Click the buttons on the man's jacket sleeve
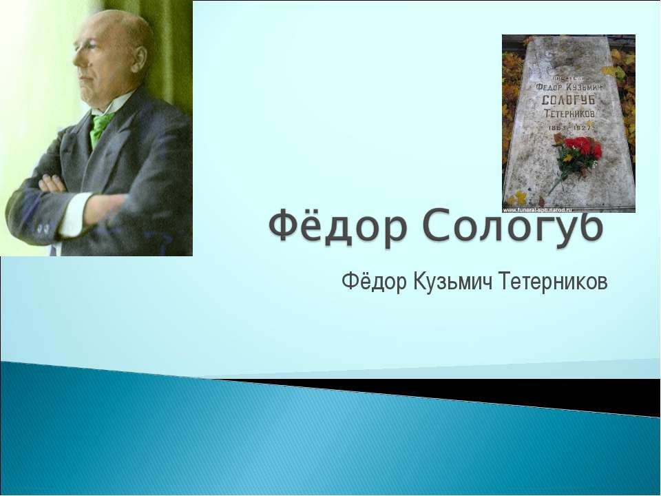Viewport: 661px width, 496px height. [43, 227]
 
